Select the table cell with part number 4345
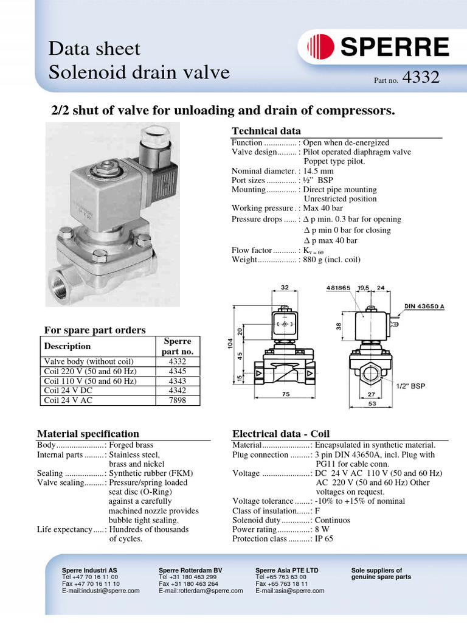click(x=177, y=371)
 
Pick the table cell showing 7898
click(x=177, y=400)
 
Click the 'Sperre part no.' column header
click(x=177, y=346)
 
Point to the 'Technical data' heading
click(x=266, y=131)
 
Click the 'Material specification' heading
click(x=88, y=434)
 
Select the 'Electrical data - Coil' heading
click(x=281, y=434)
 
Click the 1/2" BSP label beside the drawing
click(x=412, y=386)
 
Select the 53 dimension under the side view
click(x=369, y=403)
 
